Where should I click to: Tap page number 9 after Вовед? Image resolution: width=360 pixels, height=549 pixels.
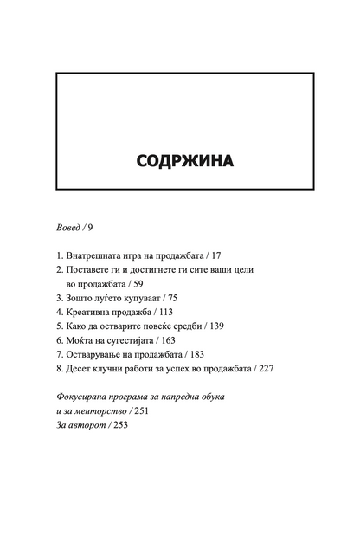click(x=90, y=228)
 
